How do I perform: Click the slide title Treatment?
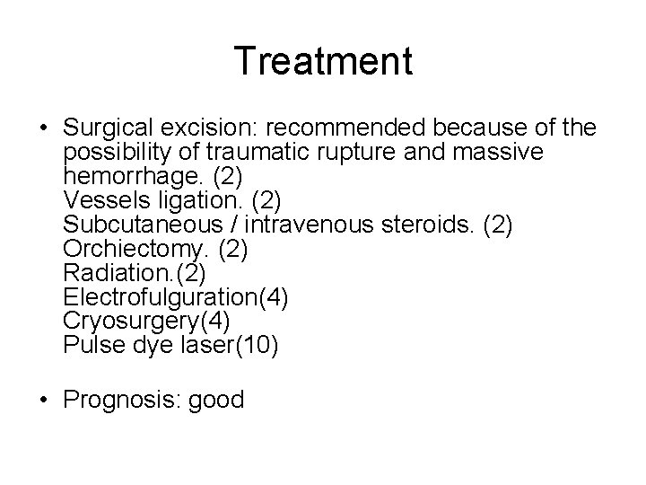(323, 61)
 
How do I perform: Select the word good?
(216, 399)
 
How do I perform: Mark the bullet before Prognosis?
(43, 400)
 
